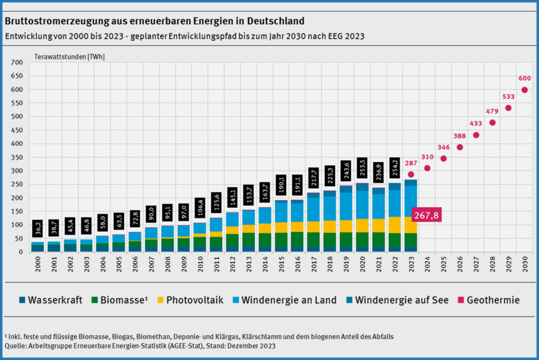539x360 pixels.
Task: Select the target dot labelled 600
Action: [524, 90]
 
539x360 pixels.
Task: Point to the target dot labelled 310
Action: [427, 168]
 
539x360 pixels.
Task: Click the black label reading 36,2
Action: [38, 228]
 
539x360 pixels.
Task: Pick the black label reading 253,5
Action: [362, 168]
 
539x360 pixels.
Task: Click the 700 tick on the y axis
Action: [17, 62]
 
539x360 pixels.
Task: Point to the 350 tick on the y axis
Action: [17, 157]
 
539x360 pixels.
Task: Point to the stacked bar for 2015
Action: [281, 226]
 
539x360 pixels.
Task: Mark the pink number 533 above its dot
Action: [508, 97]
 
